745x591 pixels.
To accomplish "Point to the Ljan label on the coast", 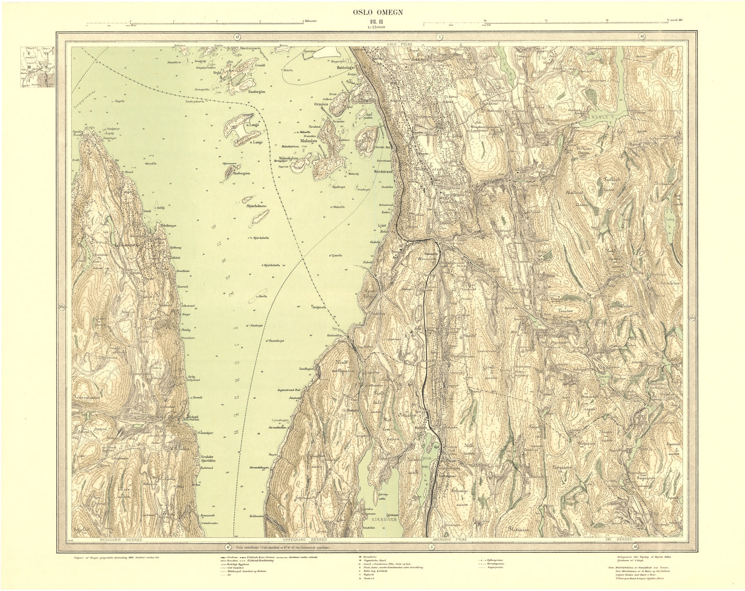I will (382, 225).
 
